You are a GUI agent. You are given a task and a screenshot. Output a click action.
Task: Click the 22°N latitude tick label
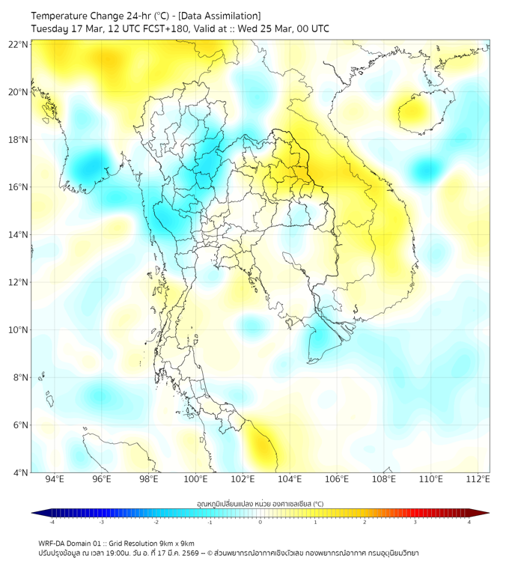pos(19,45)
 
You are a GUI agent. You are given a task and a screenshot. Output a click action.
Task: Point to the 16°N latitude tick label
pos(19,187)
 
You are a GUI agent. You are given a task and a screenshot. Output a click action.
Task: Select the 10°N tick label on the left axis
pos(19,330)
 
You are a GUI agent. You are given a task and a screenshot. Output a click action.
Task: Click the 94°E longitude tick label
pos(55,479)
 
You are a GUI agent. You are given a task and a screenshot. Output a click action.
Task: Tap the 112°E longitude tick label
pos(478,479)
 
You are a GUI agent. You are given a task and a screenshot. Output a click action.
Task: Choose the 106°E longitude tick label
pos(337,479)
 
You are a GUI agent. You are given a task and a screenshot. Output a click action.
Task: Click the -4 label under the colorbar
pos(51,522)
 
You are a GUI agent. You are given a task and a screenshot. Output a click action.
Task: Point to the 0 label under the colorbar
pos(260,522)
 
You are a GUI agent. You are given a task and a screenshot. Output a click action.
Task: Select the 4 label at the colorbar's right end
pos(469,522)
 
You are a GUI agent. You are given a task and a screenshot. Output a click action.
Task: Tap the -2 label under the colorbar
pos(155,522)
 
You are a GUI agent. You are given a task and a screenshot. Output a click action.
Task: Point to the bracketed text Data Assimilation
pos(221,15)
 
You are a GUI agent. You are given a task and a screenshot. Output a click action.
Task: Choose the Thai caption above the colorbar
pos(260,503)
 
